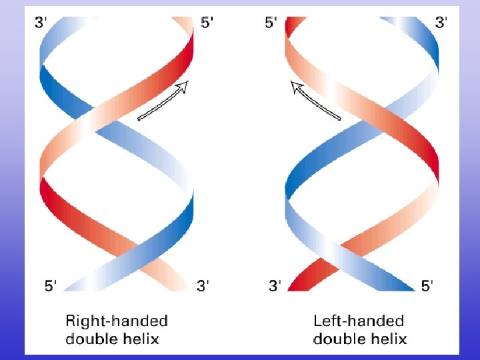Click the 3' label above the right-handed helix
pos(41,22)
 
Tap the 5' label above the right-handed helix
pos(207,22)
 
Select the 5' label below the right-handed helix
pos(51,286)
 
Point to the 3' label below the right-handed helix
pos(203,286)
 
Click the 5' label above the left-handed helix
pos(271,22)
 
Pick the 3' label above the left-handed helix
pos(441,22)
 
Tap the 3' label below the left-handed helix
pos(275,286)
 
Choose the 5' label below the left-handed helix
pos(427,286)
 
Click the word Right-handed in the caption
pos(116,321)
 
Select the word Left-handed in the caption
pos(359,321)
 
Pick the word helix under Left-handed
pos(385,339)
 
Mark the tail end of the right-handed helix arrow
pos(139,119)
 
